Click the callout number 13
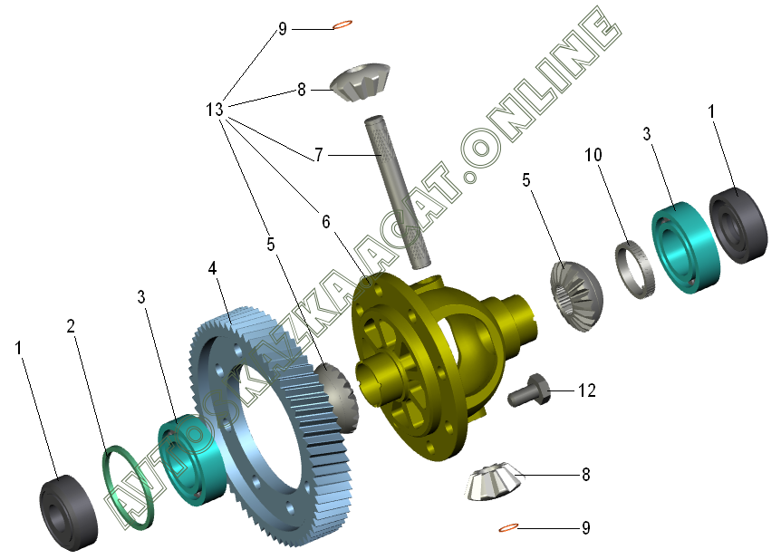click(x=215, y=109)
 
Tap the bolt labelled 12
click(x=529, y=390)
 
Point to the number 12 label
click(x=587, y=390)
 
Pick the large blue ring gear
click(x=272, y=426)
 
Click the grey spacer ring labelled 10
click(x=634, y=270)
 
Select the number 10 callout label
click(x=593, y=155)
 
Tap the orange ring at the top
click(x=342, y=24)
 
